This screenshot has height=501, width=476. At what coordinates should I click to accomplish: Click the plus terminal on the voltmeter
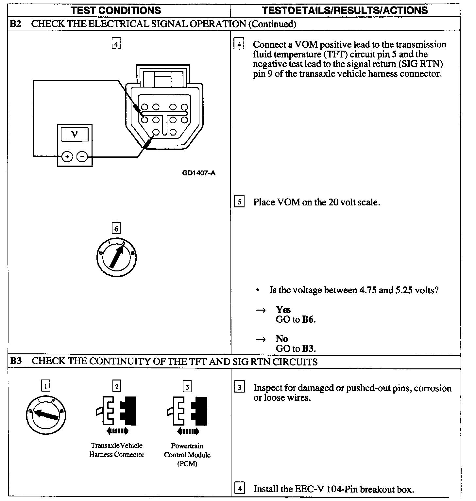click(67, 157)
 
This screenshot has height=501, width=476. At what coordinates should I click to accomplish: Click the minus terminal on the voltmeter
click(82, 157)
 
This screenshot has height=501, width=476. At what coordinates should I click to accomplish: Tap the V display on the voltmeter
click(75, 135)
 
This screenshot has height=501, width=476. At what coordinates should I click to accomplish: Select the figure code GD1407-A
click(199, 173)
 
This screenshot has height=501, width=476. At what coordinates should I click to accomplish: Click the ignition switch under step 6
click(116, 258)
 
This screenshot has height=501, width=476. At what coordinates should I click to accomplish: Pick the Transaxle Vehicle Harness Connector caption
click(117, 450)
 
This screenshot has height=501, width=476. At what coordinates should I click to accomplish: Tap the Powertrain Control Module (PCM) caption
click(187, 455)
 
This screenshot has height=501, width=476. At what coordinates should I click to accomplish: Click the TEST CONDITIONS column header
click(116, 10)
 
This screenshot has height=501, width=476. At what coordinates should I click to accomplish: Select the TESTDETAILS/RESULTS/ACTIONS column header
click(345, 10)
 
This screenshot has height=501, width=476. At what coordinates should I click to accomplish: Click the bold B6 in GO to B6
click(308, 319)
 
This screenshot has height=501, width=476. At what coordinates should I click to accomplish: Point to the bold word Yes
click(283, 309)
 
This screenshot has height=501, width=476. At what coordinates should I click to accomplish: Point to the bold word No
click(282, 339)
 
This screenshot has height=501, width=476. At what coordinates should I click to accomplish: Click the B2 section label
click(16, 24)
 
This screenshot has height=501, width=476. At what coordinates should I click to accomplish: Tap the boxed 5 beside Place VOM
click(239, 202)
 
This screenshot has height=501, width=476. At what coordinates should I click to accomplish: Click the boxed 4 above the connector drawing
click(116, 43)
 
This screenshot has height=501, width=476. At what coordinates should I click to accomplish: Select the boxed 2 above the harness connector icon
click(116, 386)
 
